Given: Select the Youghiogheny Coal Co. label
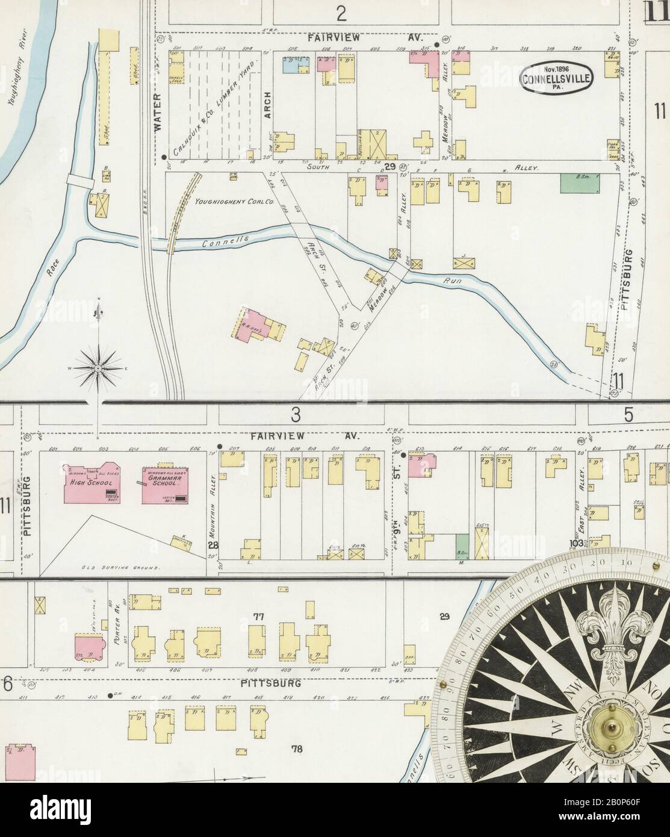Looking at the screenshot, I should pyautogui.click(x=234, y=203).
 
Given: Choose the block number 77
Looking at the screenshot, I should pyautogui.click(x=259, y=617).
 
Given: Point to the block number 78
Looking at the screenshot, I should pyautogui.click(x=296, y=749).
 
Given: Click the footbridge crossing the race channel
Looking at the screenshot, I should pyautogui.click(x=78, y=179).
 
